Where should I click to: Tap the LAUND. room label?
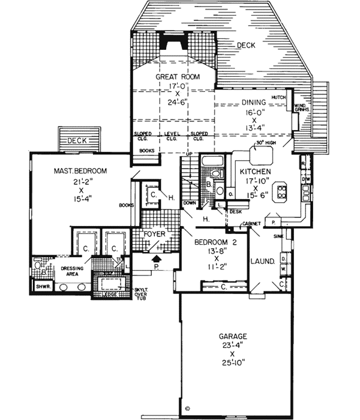[262, 262]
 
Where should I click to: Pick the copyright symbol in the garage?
[186, 405]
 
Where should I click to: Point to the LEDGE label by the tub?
[109, 295]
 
